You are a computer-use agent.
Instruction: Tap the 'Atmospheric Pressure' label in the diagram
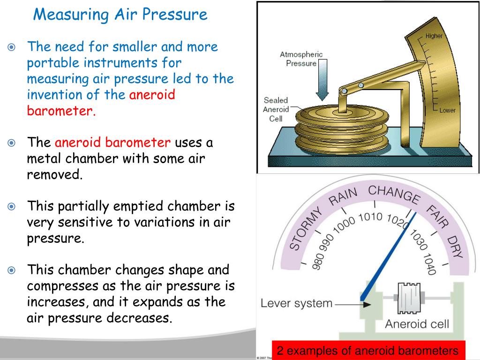coord(301,59)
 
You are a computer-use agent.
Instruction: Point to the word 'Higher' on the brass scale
coord(434,36)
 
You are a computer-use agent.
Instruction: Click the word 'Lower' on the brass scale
coord(447,111)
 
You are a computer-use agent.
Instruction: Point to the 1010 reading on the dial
coord(370,217)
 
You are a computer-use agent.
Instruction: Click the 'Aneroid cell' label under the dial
coord(417,324)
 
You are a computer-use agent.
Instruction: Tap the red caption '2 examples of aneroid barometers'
coord(367,351)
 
